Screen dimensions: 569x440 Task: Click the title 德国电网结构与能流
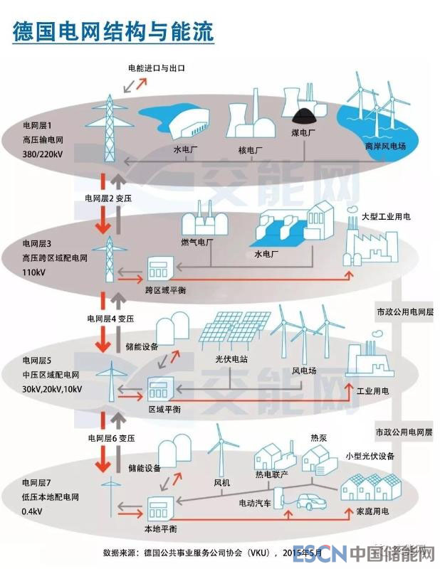pos(112,32)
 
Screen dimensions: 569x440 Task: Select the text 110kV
pos(33,272)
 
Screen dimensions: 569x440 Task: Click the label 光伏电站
pos(232,360)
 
